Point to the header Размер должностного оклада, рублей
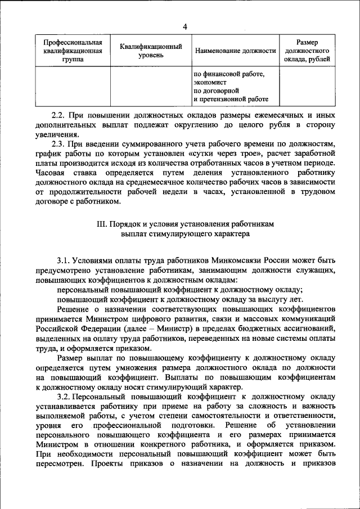pyautogui.click(x=307, y=51)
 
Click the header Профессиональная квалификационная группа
pyautogui.click(x=69, y=51)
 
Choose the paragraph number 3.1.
pyautogui.click(x=64, y=261)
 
